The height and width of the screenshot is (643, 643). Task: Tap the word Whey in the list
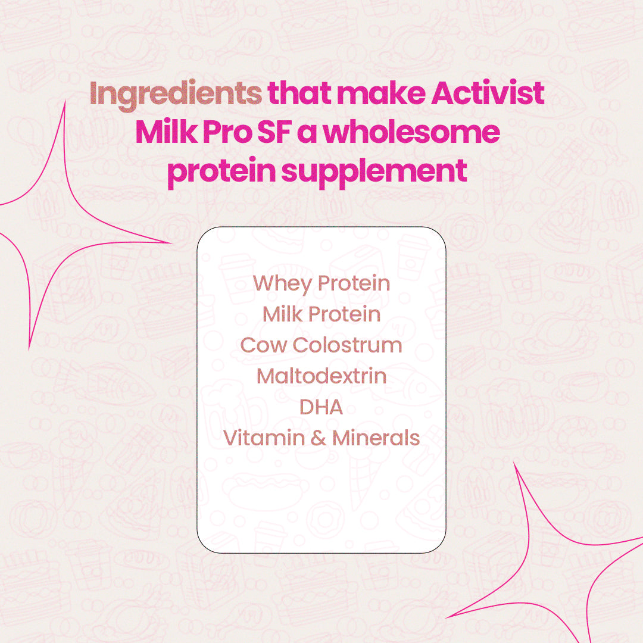[x=282, y=284]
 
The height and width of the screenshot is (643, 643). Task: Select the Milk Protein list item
[x=321, y=314]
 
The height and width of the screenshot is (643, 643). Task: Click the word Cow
[x=263, y=345]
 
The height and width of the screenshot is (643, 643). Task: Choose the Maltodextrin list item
[x=321, y=376]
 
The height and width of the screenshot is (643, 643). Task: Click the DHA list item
[x=321, y=407]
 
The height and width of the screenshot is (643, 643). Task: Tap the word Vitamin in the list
[x=263, y=438]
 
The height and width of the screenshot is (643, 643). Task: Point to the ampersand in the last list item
[x=318, y=439]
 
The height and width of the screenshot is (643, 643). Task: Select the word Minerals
[x=376, y=438]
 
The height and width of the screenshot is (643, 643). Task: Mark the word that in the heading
[x=295, y=94]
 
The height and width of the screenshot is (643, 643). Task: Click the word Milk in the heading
[x=165, y=132]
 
